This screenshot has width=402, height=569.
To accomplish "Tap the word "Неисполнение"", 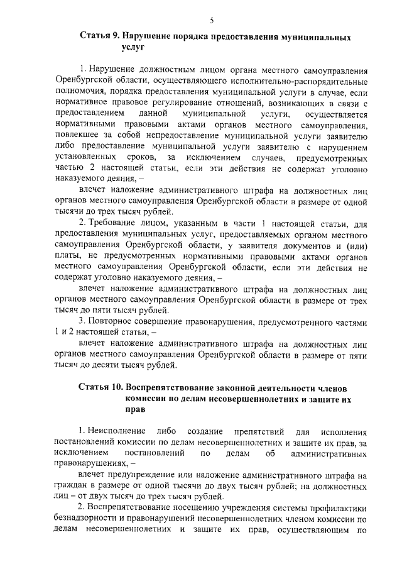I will pyautogui.click(x=110, y=432).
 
